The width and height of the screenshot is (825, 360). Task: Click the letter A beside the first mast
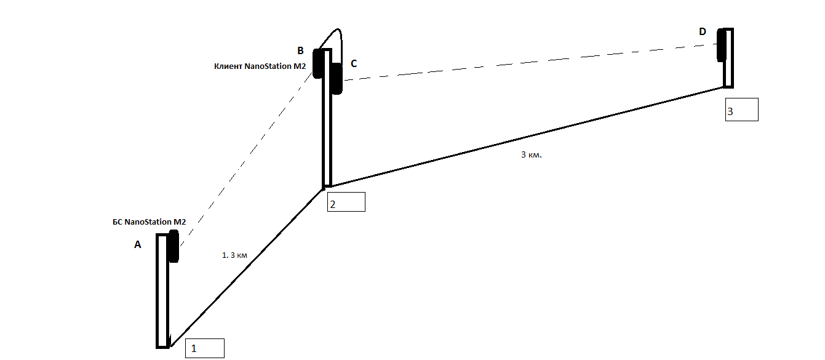[x=138, y=245]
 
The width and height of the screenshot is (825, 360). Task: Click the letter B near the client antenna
[x=300, y=50]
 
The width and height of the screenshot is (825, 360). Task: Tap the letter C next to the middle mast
[x=354, y=63]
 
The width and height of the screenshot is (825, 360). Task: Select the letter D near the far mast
[x=703, y=32]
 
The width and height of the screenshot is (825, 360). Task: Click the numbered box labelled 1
[x=205, y=348]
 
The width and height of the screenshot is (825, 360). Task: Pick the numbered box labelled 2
[x=346, y=202]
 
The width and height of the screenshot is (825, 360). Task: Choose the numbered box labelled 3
[x=741, y=110]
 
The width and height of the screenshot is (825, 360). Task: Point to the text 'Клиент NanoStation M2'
[x=260, y=66]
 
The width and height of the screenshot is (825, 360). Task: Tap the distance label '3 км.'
[x=531, y=154]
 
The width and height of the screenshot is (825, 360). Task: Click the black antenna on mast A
[x=173, y=246]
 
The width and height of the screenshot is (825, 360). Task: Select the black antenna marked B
[x=318, y=63]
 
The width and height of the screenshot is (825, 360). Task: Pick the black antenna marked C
[x=336, y=78]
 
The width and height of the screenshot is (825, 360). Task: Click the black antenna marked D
[x=721, y=45]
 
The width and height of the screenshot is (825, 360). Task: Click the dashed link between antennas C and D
[x=529, y=63]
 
